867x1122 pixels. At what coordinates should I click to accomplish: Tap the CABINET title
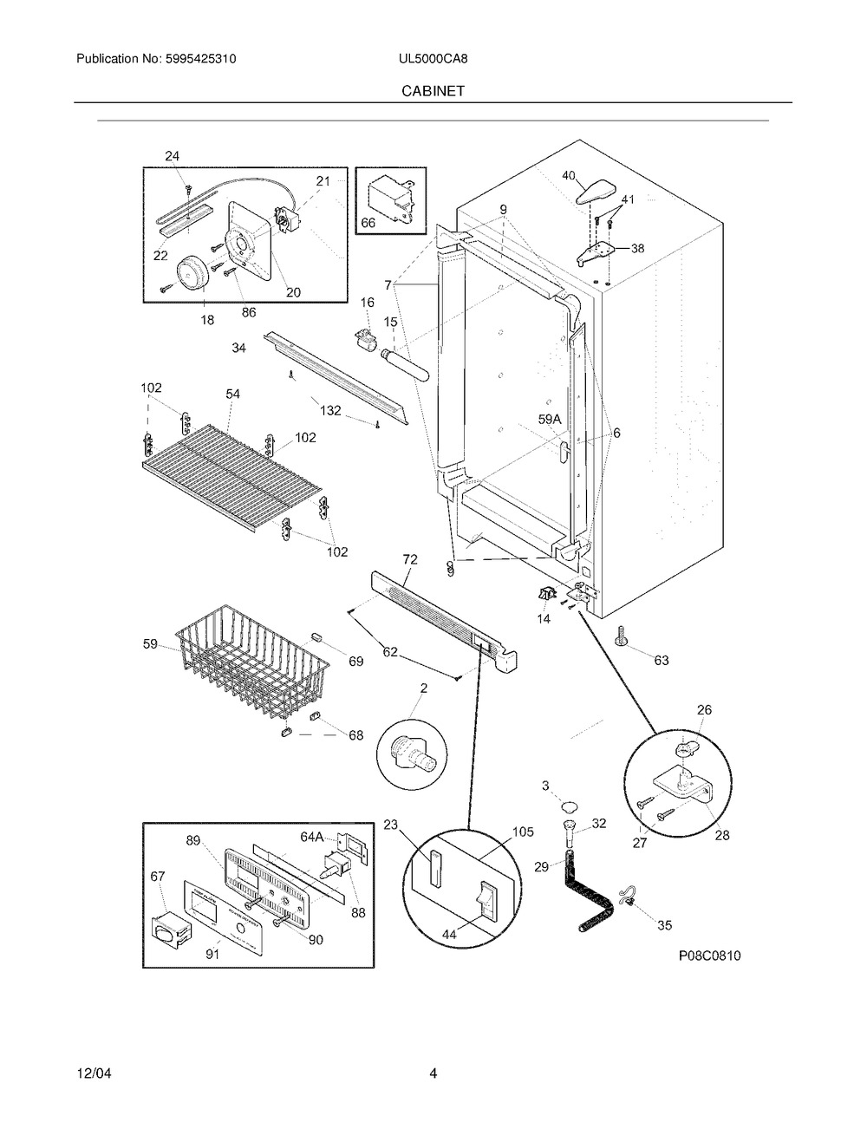tap(433, 89)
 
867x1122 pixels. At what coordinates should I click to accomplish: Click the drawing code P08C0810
tap(709, 956)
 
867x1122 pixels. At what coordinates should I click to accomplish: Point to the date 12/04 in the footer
tap(94, 1073)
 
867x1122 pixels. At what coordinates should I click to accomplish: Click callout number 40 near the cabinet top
tap(569, 175)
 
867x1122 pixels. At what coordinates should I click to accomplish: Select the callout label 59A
tap(550, 420)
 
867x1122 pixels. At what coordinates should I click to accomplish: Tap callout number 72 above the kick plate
tap(409, 560)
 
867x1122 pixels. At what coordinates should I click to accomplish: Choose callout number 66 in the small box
tap(368, 223)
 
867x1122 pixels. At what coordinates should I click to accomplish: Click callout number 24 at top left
tap(173, 156)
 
